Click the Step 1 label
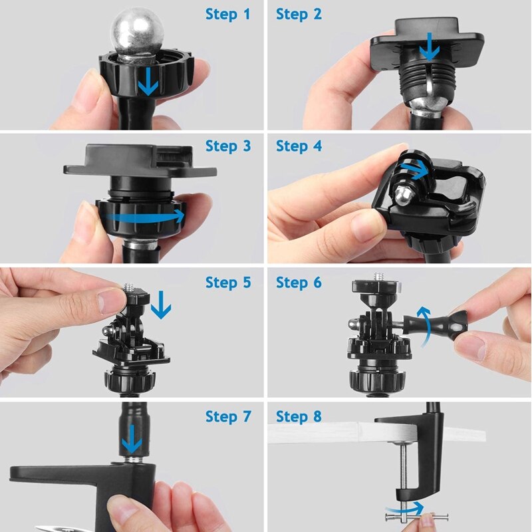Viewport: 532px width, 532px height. coord(227,13)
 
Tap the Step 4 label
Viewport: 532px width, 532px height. coord(299,146)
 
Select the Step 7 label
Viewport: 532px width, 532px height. coord(227,416)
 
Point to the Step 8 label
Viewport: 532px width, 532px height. coord(299,416)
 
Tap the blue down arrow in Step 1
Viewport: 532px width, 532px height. coord(148,81)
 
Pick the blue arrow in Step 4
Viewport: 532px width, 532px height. coord(418,172)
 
